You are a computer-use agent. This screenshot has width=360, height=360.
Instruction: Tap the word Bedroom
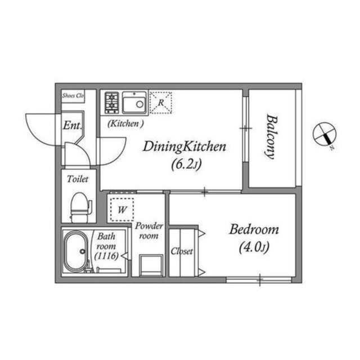pos(254,229)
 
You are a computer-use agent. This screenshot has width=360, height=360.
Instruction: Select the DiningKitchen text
pos(184,147)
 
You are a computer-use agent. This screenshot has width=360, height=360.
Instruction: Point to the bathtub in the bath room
pos(76,251)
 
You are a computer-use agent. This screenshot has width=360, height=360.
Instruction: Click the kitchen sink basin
pos(134,103)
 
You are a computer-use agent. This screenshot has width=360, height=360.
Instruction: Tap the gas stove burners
pos(112,102)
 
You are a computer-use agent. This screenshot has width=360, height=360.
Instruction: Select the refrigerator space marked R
pos(161,102)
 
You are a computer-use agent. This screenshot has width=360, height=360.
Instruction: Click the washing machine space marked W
pos(122,209)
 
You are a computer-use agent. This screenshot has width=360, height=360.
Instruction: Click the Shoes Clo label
pos(73,96)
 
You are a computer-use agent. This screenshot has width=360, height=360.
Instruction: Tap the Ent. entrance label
pos(73,125)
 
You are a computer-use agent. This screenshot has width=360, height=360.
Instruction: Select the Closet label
pos(182,251)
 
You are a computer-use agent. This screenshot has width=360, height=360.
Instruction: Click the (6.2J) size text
pos(186,164)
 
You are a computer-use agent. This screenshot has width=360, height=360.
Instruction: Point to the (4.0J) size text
pos(254,247)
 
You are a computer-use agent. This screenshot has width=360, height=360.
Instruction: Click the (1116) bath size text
pos(106,255)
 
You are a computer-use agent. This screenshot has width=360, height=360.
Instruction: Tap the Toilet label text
pos(78,179)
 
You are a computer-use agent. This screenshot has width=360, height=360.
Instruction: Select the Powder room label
pos(148,231)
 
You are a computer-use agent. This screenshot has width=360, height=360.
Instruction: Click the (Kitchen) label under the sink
pos(125,124)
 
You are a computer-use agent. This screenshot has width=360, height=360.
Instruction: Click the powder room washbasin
pos(151,265)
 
